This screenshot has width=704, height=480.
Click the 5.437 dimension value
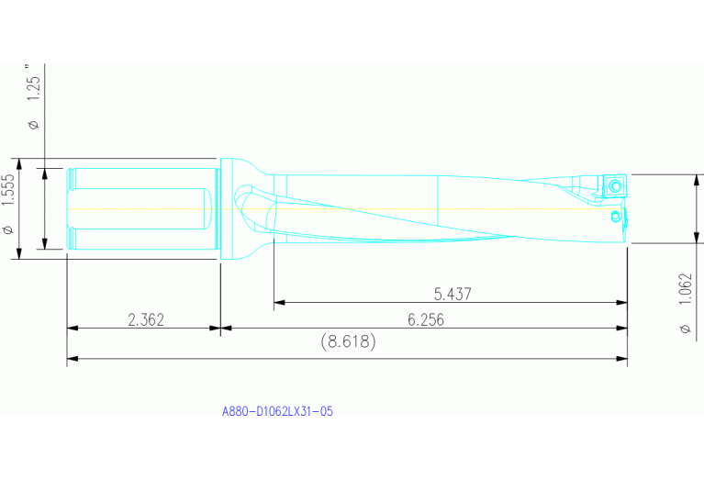click(453, 294)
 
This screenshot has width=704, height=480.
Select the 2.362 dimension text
click(146, 319)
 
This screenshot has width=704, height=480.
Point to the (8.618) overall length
click(348, 341)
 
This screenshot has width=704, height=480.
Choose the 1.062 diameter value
click(684, 293)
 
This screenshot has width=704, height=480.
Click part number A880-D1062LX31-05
click(277, 412)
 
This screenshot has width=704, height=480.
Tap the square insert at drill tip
click(614, 186)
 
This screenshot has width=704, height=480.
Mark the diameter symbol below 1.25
click(34, 123)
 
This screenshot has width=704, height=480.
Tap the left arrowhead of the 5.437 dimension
click(277, 302)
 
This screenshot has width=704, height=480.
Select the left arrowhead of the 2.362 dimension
click(71, 328)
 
